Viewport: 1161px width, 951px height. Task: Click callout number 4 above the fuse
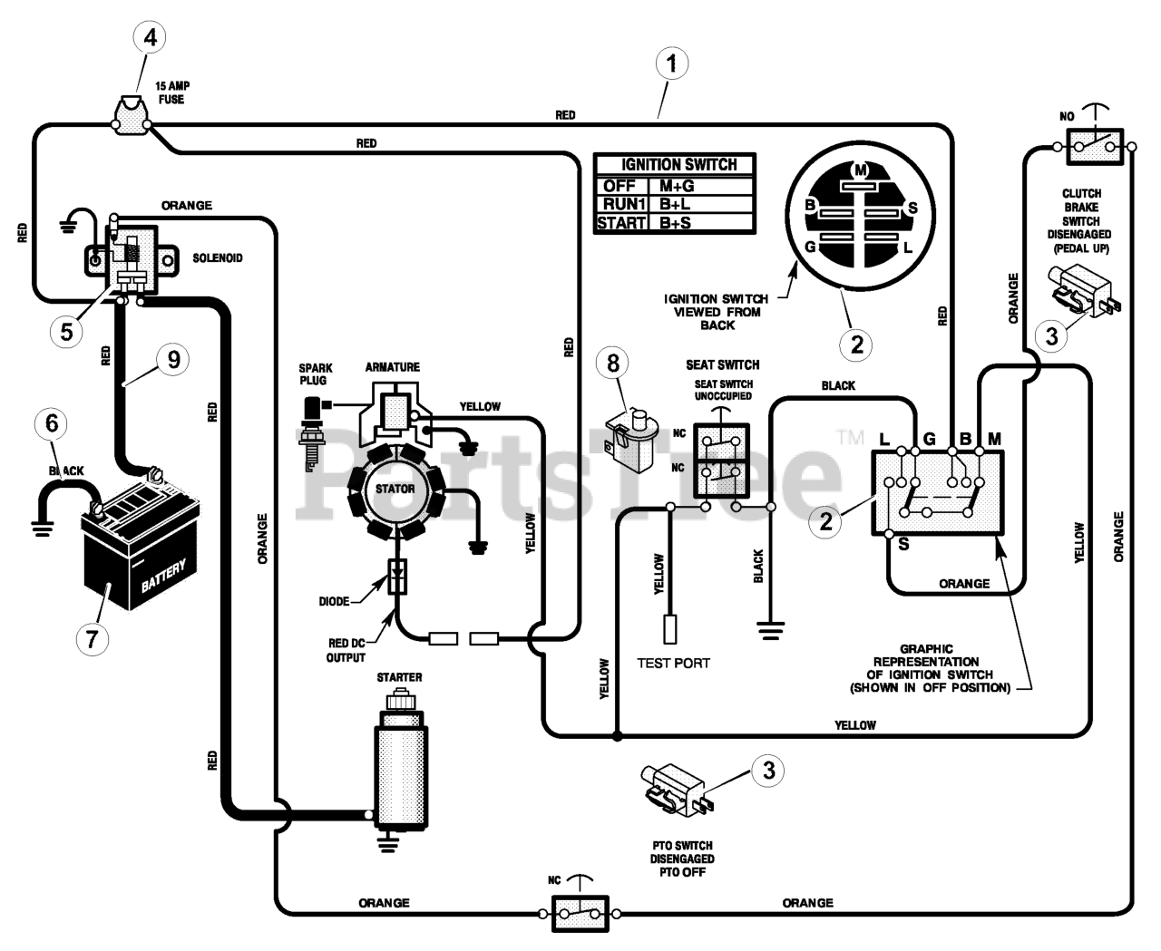click(150, 37)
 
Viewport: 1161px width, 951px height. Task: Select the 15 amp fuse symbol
click(131, 116)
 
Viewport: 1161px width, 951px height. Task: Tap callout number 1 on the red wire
click(671, 63)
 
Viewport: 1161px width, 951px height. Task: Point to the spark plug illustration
click(312, 435)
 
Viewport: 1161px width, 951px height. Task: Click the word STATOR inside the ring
click(395, 489)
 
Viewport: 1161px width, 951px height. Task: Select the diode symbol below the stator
click(397, 577)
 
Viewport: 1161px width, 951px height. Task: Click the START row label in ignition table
click(621, 223)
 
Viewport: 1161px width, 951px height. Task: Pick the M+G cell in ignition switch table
click(677, 186)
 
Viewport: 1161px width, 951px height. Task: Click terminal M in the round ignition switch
click(860, 170)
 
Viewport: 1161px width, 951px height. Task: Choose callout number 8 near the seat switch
click(613, 364)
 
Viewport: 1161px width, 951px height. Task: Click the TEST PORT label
click(673, 664)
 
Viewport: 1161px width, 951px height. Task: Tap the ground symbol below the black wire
click(771, 631)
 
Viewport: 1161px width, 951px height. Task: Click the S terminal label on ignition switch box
click(903, 545)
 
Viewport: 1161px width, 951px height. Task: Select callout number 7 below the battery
click(92, 639)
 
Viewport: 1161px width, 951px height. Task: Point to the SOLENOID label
click(218, 258)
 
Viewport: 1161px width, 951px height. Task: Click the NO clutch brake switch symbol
click(1095, 146)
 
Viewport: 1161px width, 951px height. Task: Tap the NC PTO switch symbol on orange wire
click(580, 914)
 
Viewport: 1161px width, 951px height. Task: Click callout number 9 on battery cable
click(173, 359)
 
